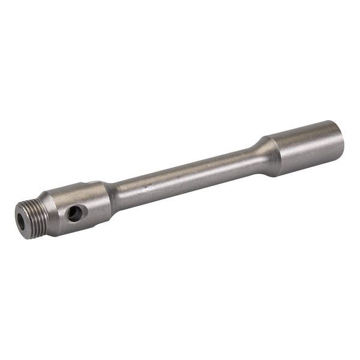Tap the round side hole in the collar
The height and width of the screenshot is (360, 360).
(74, 212)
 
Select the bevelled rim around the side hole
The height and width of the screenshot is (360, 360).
(79, 208)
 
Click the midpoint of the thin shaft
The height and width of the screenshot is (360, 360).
(186, 176)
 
